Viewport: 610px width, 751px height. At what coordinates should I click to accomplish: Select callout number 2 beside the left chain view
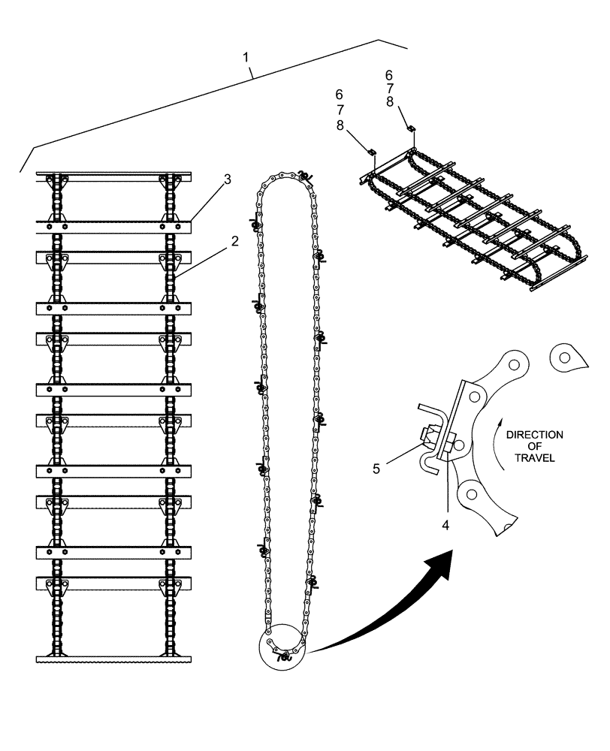[234, 242]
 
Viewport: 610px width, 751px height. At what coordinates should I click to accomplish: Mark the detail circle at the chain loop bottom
[282, 647]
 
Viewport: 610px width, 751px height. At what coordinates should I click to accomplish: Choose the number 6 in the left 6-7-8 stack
[339, 95]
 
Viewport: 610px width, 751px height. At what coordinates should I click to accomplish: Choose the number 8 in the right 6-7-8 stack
[389, 101]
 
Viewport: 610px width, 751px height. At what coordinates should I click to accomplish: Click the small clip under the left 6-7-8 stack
[372, 152]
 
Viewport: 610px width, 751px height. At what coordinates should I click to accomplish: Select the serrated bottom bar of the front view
[113, 659]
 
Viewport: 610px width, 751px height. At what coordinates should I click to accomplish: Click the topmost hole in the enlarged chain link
[514, 366]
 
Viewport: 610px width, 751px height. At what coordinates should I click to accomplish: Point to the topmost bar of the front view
[113, 174]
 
